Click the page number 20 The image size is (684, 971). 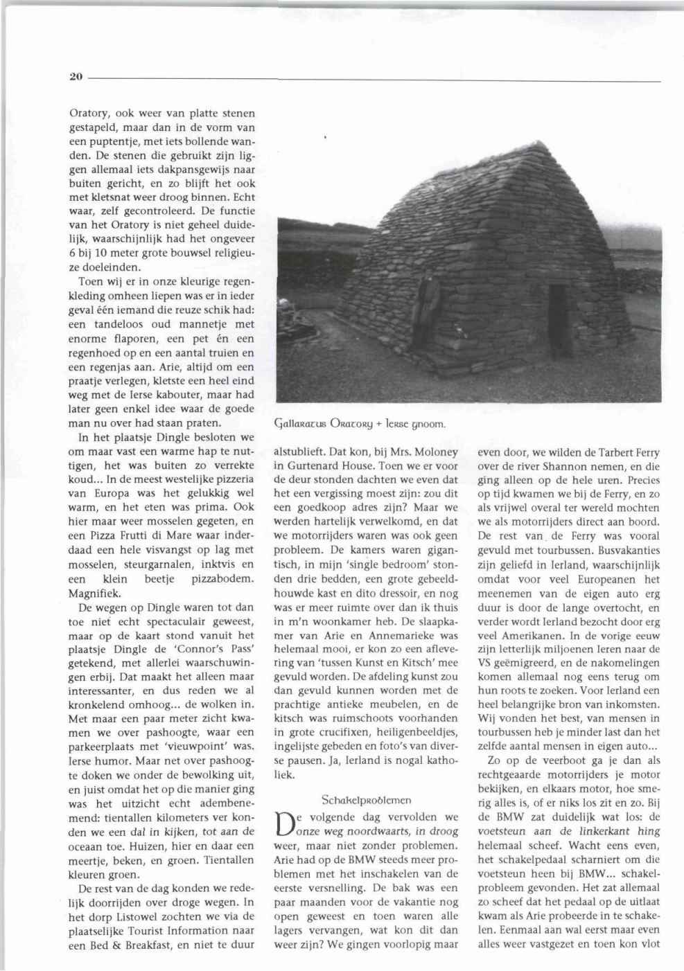coord(76,77)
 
